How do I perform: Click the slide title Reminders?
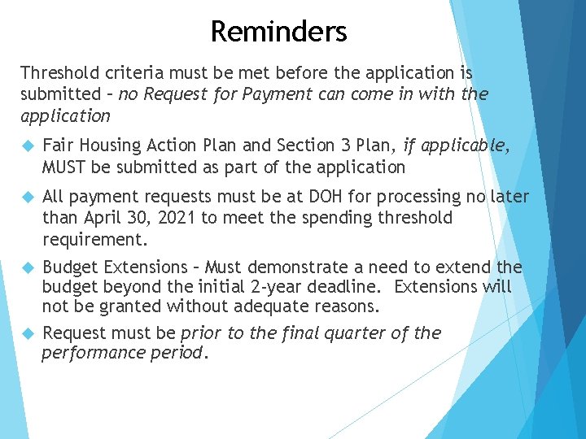[278, 32]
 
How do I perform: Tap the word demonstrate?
[291, 267]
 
